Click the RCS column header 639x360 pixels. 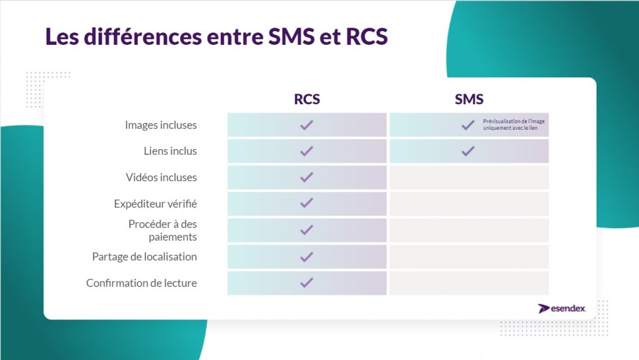point(307,99)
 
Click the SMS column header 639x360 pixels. point(469,99)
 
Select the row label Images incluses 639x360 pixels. point(160,125)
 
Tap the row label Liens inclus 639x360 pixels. point(170,151)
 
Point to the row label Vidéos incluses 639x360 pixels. point(161,177)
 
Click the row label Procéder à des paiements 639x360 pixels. point(163,230)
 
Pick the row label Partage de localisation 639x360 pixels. point(144,256)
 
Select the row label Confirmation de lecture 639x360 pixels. point(142,283)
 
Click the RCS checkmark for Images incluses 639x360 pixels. point(306,125)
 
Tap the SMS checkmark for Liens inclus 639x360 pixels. point(468,151)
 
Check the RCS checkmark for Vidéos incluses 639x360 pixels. point(306,177)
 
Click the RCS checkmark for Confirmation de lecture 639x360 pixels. point(306,283)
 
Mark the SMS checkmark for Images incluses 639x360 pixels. point(468,125)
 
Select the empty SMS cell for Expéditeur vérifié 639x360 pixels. point(469,203)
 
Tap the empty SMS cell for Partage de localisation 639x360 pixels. point(469,256)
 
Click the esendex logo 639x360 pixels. point(562,308)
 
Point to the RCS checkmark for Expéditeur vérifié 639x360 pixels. point(306,203)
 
